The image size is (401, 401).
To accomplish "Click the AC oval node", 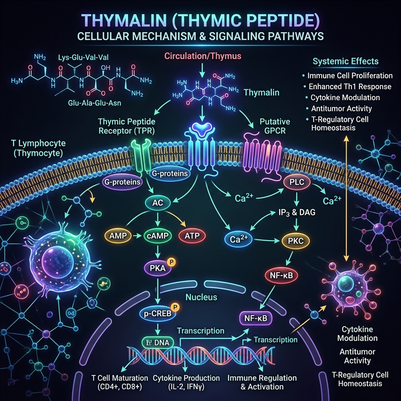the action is pos(157,203).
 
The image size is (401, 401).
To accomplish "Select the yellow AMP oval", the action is pos(118,235).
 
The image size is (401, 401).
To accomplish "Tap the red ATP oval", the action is pos(192,235).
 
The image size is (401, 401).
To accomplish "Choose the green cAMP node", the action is pos(157,235).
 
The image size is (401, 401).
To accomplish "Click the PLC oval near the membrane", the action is pos(297,182).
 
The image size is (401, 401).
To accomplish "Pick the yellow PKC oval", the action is pos(296,241).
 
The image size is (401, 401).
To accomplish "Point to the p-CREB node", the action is pos(158,313).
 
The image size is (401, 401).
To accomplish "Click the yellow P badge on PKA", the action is pos(171,262).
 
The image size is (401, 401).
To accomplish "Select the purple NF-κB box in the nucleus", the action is pos(256,318).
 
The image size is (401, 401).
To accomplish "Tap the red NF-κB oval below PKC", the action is pos(281,275).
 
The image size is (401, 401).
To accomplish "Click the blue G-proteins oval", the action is pos(170,173).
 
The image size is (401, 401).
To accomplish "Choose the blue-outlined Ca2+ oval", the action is pos(238,239).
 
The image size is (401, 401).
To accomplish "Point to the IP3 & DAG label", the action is pos(297,212).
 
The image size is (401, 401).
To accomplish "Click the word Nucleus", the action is pos(201,297).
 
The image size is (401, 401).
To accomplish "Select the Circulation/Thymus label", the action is pos(203,56).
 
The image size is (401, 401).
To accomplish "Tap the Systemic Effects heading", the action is pos(345,61).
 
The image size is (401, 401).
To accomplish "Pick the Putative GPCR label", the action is pos(275,126).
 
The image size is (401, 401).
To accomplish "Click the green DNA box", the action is pos(157,342).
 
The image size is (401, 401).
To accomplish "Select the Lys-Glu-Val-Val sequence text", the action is pos(83,57).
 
